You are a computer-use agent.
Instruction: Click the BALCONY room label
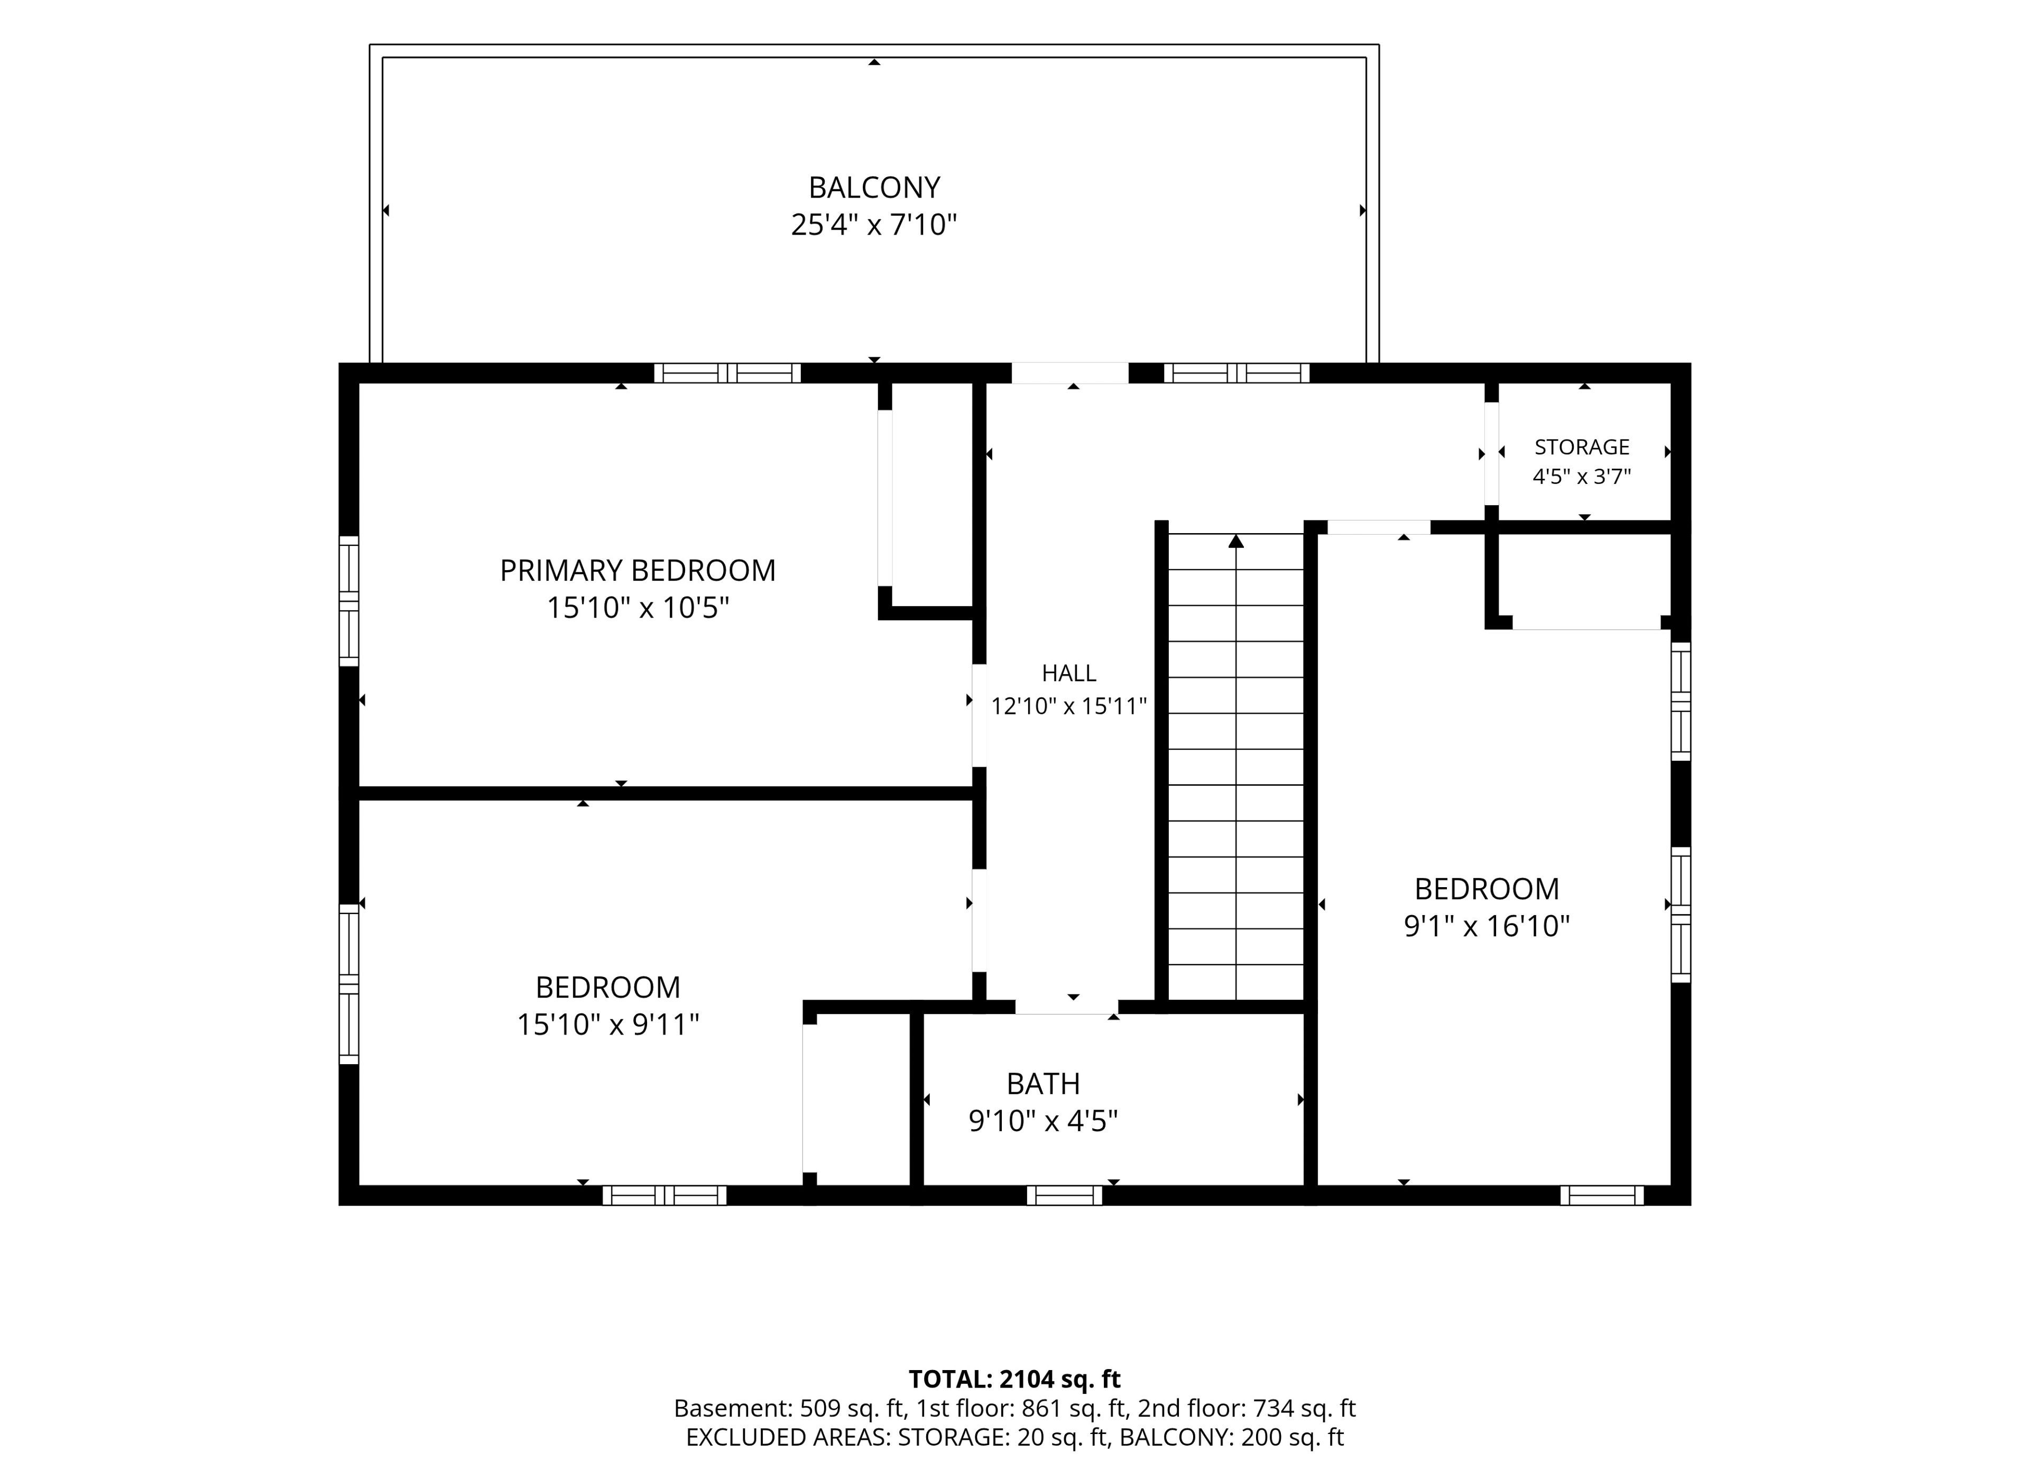pos(874,188)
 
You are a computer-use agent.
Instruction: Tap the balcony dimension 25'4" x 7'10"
pos(874,225)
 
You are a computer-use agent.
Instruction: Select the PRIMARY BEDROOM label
pos(638,571)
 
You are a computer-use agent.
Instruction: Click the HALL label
pos(1069,673)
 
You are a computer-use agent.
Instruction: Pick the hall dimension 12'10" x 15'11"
pos(1069,707)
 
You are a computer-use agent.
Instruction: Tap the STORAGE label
pos(1582,448)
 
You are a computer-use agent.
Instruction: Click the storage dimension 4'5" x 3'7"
pos(1582,477)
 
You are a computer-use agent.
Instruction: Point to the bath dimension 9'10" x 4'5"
pos(1044,1121)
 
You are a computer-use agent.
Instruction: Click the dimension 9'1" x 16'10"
pos(1487,926)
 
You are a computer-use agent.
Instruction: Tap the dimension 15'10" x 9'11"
pos(608,1025)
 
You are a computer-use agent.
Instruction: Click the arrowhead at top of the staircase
pos(1236,541)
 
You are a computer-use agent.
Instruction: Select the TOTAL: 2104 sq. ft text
pos(1015,1379)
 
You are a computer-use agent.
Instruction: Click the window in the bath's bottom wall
pos(1064,1195)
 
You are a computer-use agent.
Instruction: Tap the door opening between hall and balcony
pos(1069,373)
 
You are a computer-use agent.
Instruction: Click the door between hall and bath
pos(1066,1007)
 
